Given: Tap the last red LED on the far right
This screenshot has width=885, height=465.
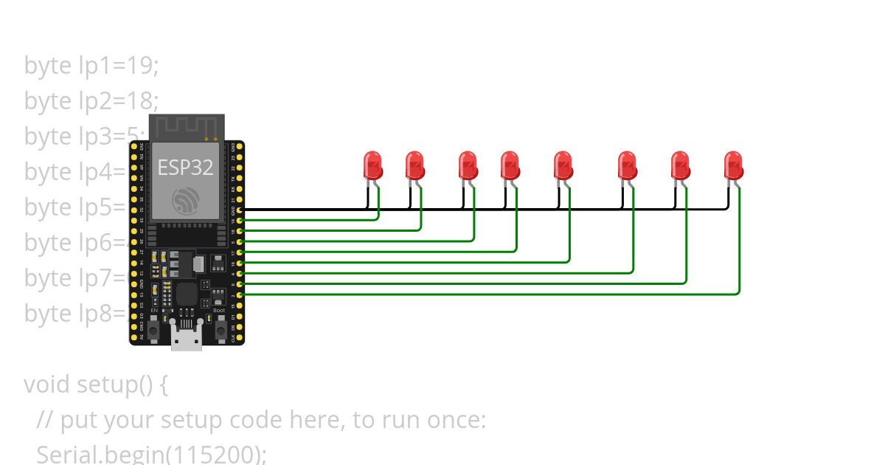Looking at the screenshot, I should (733, 165).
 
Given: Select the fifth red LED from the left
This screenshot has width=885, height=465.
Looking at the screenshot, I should (563, 165).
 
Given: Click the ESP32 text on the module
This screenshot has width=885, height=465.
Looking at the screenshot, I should (185, 168).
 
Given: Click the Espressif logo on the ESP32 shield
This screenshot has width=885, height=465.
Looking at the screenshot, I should (185, 200).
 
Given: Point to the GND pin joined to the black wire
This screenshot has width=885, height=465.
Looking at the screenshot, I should (240, 210).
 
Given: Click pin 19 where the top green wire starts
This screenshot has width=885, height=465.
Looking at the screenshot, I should (240, 221).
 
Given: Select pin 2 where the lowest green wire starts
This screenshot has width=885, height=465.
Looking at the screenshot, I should (240, 294).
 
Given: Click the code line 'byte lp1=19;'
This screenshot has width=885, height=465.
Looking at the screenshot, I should (91, 66).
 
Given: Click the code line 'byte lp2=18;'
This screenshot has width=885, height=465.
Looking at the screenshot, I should (91, 101).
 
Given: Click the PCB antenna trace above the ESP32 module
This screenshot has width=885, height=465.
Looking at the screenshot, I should (186, 127).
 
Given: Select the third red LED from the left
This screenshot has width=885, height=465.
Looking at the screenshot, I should (468, 165).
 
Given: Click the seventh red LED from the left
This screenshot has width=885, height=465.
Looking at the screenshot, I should (680, 165).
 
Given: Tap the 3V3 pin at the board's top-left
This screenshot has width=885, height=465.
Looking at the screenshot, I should (134, 148).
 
